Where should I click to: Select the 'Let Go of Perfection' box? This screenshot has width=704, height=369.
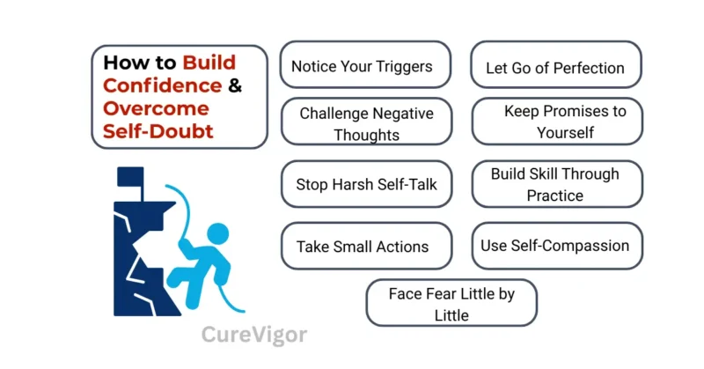point(555,67)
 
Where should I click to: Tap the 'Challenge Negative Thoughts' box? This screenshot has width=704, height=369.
point(366,123)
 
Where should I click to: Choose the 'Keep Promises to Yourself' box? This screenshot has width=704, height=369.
point(556,122)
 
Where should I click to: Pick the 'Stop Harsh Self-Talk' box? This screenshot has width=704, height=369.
point(366,185)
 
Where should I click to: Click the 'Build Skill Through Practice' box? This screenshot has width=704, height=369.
point(555,184)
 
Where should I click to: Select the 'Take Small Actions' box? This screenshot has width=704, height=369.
point(366,246)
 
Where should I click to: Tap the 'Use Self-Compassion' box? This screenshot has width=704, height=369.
point(555,246)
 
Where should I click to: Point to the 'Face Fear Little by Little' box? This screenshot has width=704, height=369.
point(451,303)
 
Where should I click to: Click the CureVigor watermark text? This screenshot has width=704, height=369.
point(254,335)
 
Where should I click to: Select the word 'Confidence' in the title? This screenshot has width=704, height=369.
point(163,86)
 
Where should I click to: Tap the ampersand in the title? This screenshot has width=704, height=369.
point(235,86)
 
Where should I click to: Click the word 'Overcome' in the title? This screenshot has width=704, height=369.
point(157,109)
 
